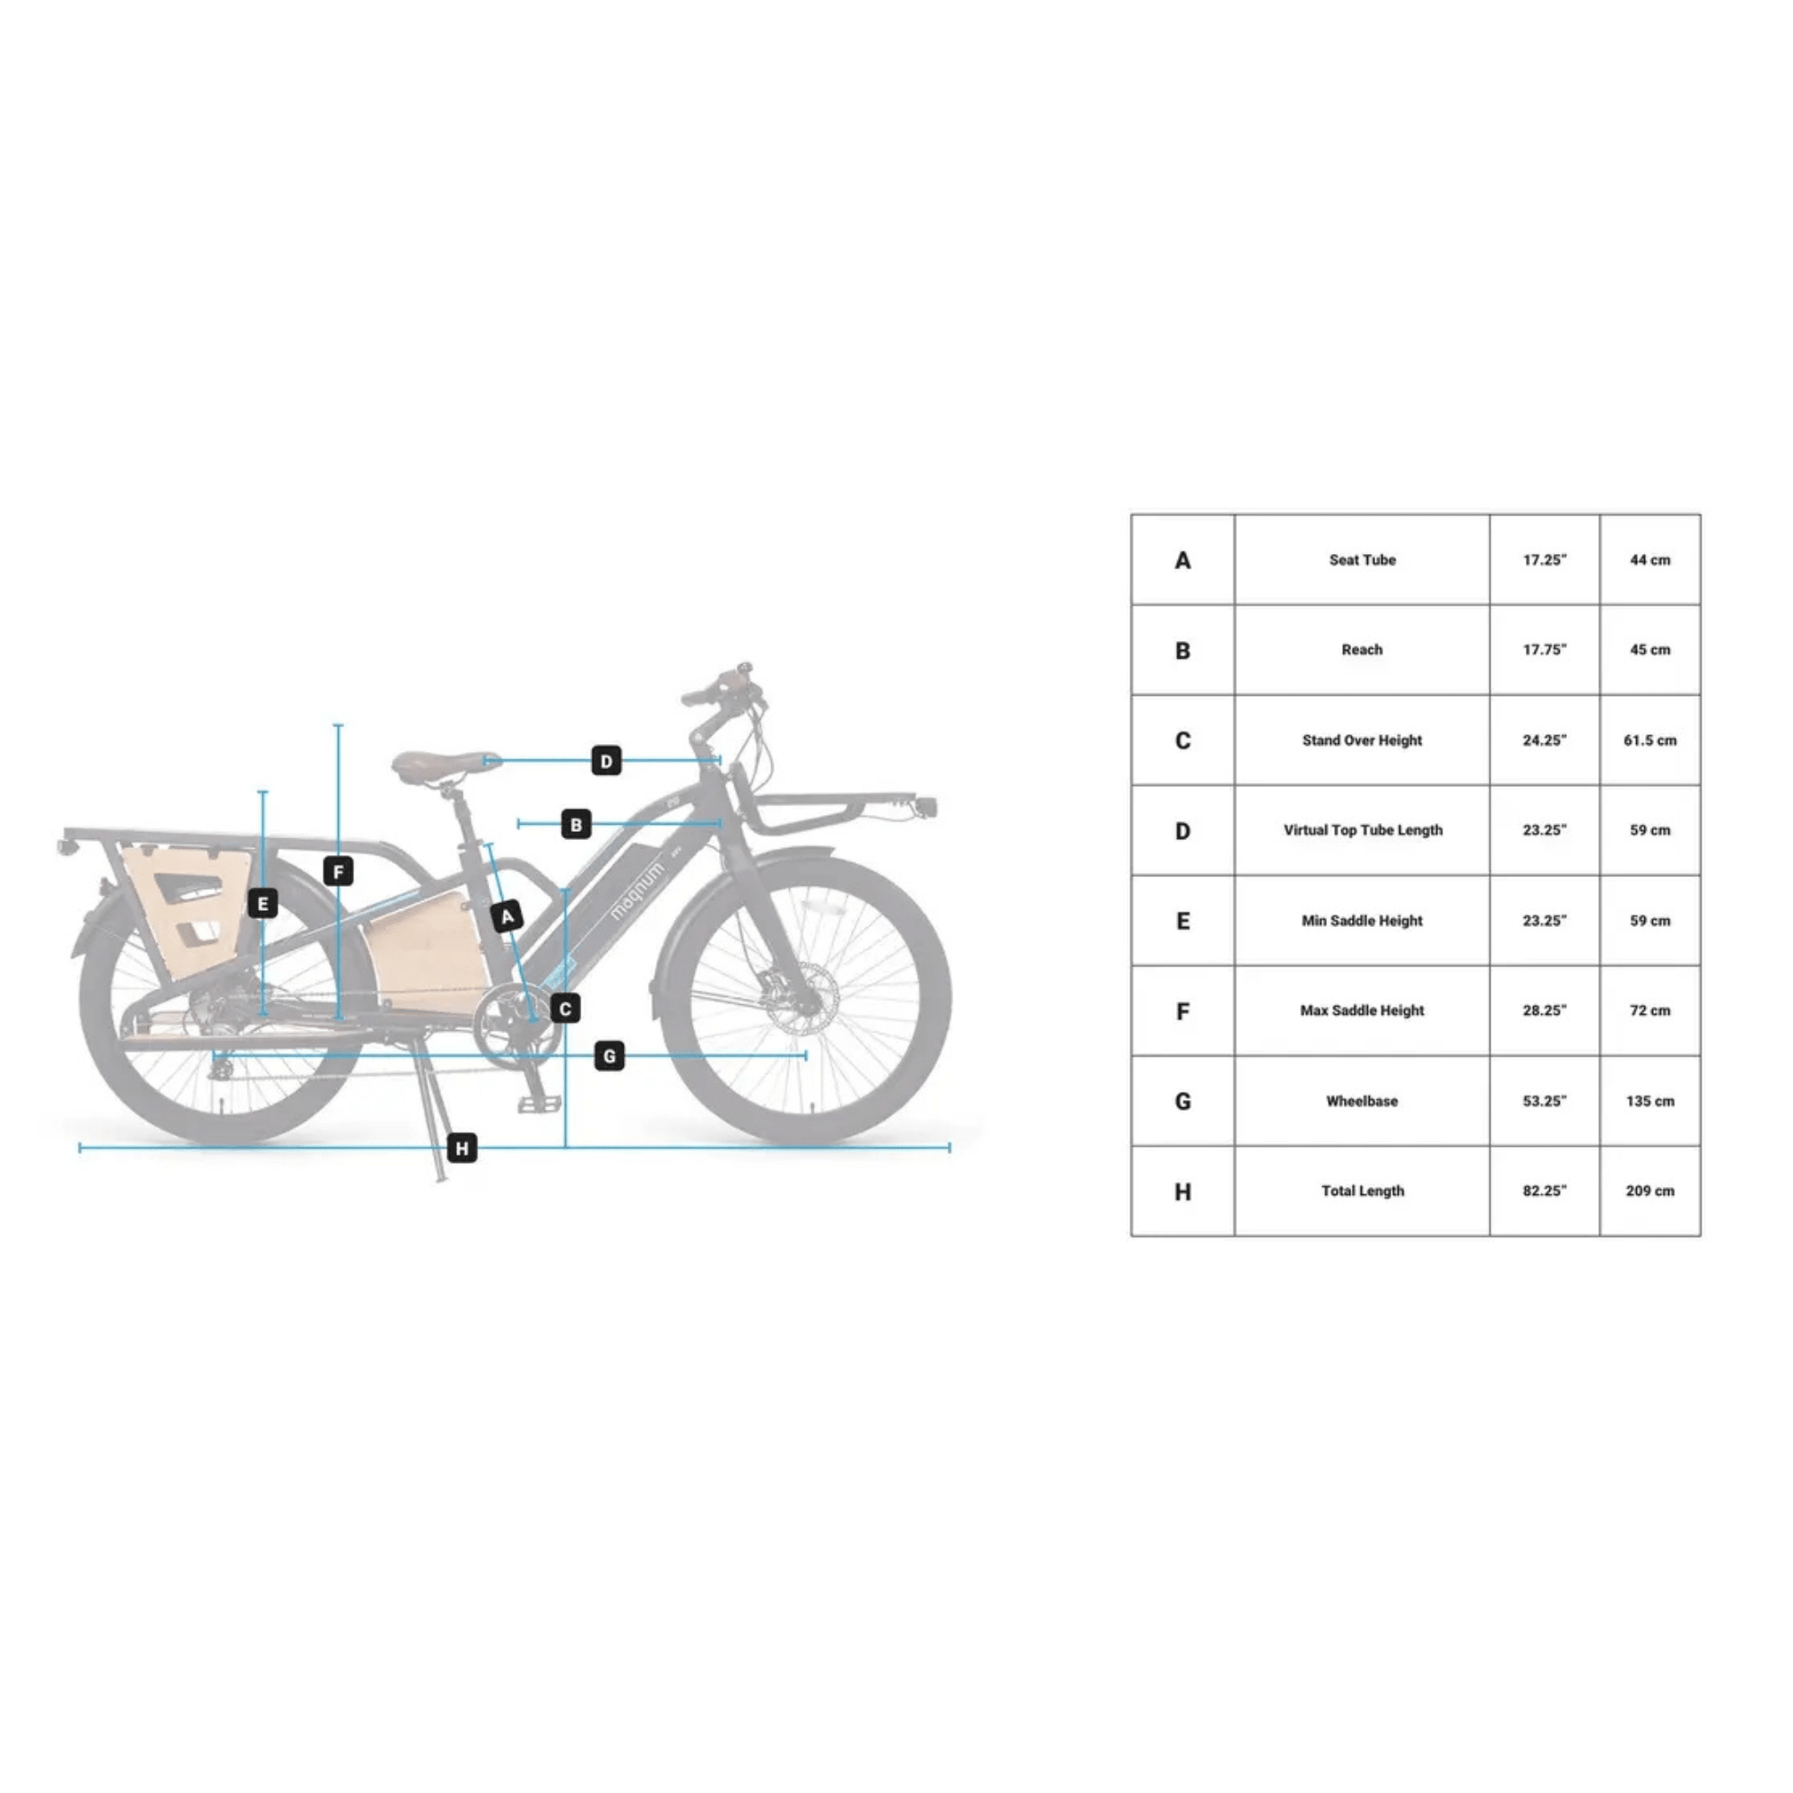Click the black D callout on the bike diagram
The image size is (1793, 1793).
point(606,761)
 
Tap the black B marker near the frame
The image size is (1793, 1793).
point(576,824)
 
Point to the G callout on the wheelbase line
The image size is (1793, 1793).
point(609,1055)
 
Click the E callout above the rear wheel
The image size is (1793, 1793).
point(263,903)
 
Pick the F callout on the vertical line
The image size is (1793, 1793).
point(338,871)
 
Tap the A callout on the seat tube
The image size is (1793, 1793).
point(507,917)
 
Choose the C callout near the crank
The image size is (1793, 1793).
point(565,1009)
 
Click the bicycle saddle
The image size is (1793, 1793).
point(444,765)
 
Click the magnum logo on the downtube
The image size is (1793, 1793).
point(637,891)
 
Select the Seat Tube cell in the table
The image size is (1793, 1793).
point(1362,559)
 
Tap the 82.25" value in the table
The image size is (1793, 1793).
point(1545,1191)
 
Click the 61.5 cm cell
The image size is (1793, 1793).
point(1650,741)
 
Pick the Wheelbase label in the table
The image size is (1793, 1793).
point(1362,1101)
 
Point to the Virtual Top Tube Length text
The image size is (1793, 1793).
point(1363,829)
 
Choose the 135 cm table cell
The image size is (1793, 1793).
point(1650,1101)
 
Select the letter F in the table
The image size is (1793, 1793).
point(1182,1010)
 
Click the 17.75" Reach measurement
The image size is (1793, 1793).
point(1545,650)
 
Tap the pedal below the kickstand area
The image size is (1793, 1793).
point(539,1104)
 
